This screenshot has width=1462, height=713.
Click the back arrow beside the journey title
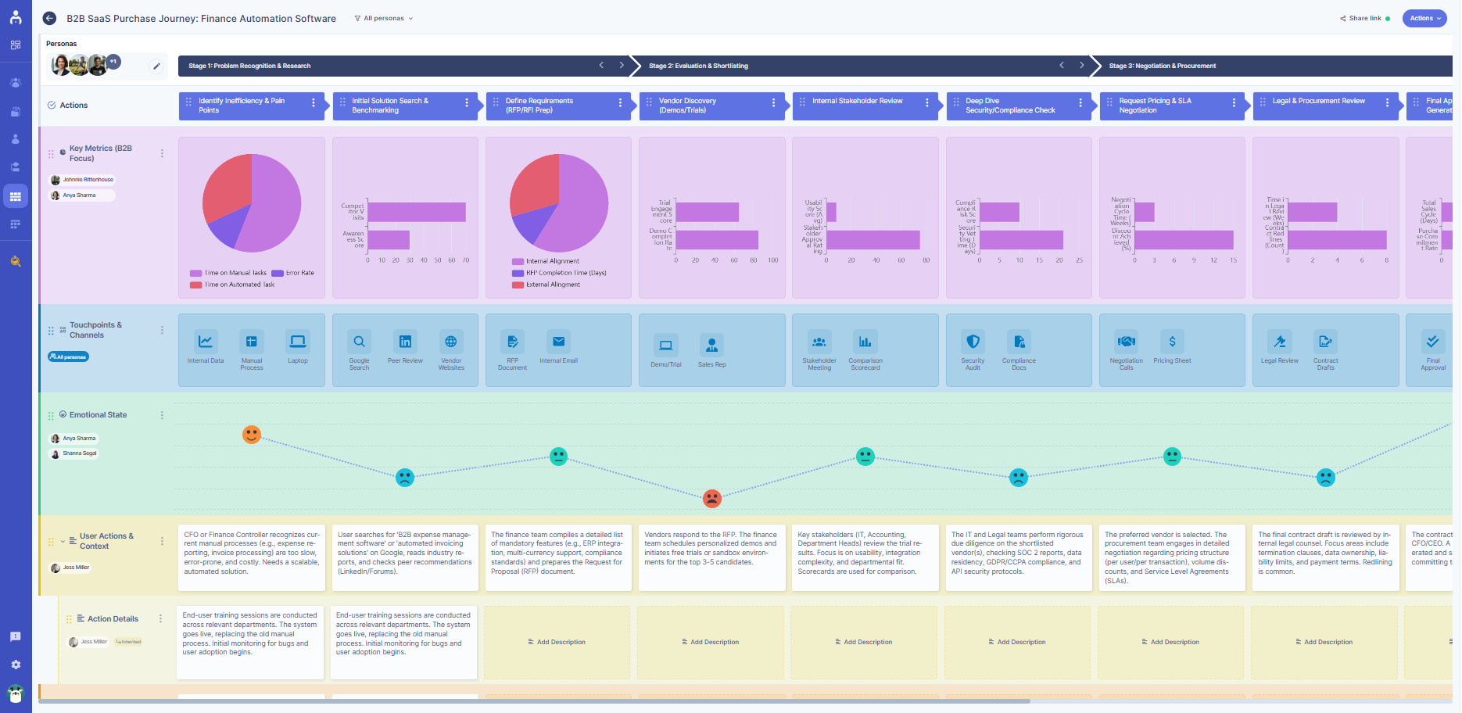coord(49,18)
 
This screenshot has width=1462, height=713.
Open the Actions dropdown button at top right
coord(1424,18)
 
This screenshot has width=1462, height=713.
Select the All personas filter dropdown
coord(384,18)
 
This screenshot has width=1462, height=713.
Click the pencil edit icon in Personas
coord(156,66)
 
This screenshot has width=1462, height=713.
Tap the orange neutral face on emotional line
coord(251,435)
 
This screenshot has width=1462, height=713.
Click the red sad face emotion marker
coord(711,498)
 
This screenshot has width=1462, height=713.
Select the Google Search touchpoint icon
coord(359,342)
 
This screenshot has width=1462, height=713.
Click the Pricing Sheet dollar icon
coord(1172,342)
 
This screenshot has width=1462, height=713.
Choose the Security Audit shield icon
coord(973,342)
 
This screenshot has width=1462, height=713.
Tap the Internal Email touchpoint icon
coord(558,342)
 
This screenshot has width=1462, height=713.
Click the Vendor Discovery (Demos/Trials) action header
coord(704,106)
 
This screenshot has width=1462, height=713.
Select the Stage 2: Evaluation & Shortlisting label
coord(698,66)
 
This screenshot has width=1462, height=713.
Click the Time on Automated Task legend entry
coord(233,285)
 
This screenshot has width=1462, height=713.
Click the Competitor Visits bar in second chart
coord(417,212)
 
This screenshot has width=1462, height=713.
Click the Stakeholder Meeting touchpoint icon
coord(819,342)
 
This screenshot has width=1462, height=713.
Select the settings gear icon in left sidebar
coord(16,665)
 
